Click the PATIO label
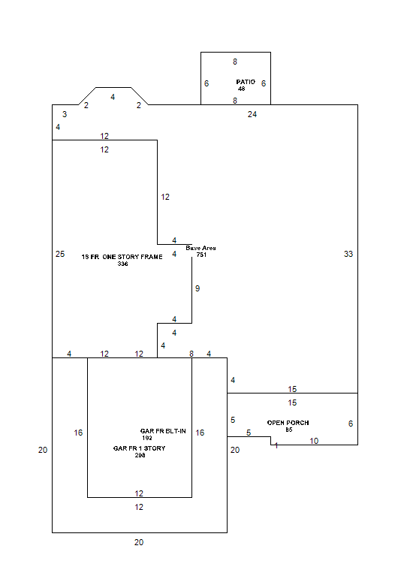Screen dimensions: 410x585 click(246, 82)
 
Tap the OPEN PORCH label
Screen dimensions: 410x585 click(288, 423)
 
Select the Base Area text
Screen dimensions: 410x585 click(200, 248)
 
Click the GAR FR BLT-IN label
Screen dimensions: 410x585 click(163, 431)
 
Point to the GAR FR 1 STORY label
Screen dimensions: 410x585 click(139, 448)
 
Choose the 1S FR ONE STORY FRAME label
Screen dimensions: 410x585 click(122, 257)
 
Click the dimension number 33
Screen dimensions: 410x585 click(348, 254)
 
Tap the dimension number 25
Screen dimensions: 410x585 click(60, 254)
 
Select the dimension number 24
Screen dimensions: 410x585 click(252, 115)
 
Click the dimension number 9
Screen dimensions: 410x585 click(197, 288)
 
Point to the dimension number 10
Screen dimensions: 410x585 click(314, 441)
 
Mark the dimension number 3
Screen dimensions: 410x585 click(65, 114)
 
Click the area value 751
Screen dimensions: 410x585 click(201, 255)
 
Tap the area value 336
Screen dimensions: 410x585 click(122, 264)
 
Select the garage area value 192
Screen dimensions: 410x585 click(147, 438)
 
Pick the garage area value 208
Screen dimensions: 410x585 click(140, 455)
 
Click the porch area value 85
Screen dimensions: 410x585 click(289, 430)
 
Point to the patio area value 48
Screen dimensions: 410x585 click(241, 89)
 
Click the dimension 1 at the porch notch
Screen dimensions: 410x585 click(276, 445)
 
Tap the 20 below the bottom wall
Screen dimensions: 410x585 click(139, 542)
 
